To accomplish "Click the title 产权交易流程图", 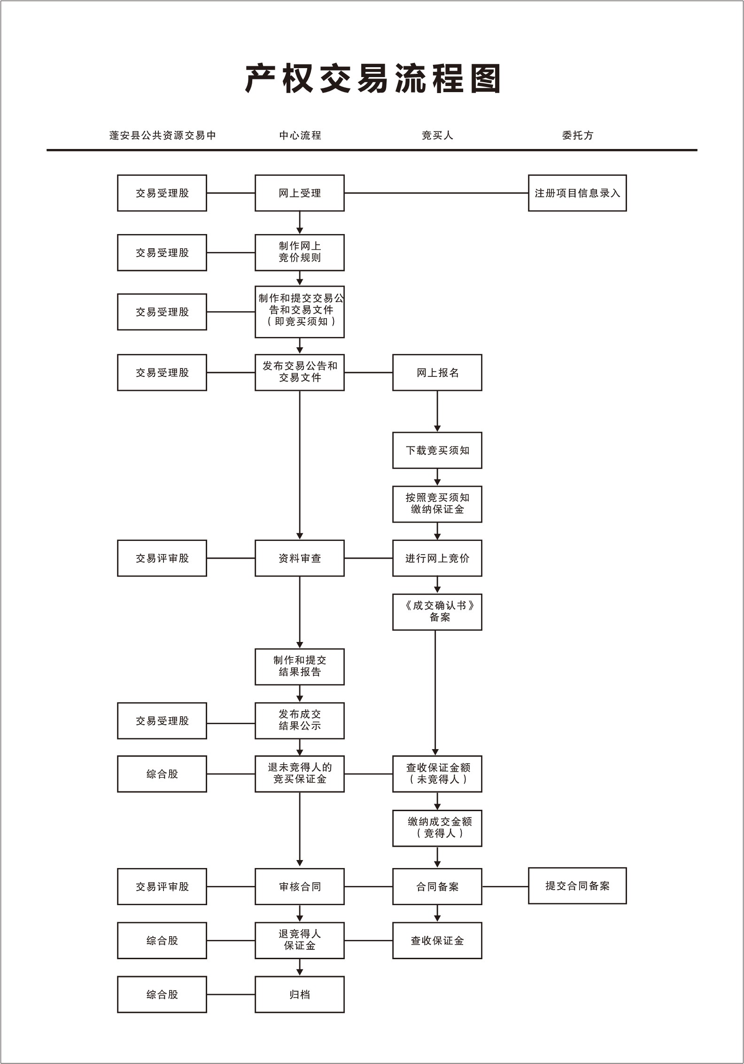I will pyautogui.click(x=372, y=78).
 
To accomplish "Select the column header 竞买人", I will pyautogui.click(x=437, y=135).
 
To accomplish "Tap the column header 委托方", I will pyautogui.click(x=577, y=135).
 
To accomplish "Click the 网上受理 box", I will pyautogui.click(x=300, y=193).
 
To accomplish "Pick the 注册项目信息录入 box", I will pyautogui.click(x=577, y=193).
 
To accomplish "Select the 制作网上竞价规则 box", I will pyautogui.click(x=300, y=252).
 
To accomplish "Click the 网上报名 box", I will pyautogui.click(x=437, y=373).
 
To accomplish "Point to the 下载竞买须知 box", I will pyautogui.click(x=437, y=450).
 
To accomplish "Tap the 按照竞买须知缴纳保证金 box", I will pyautogui.click(x=437, y=504).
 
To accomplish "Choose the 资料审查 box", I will pyautogui.click(x=300, y=558).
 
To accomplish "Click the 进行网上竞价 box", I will pyautogui.click(x=437, y=558).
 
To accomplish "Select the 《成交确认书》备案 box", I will pyautogui.click(x=437, y=612).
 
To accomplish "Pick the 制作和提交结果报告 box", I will pyautogui.click(x=300, y=666).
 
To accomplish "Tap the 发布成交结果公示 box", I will pyautogui.click(x=300, y=720).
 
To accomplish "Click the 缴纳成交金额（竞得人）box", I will pyautogui.click(x=437, y=828).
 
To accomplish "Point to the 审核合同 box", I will pyautogui.click(x=300, y=886).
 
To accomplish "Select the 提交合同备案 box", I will pyautogui.click(x=577, y=886).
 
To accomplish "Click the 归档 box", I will pyautogui.click(x=300, y=994).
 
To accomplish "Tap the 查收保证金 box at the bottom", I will pyautogui.click(x=437, y=940).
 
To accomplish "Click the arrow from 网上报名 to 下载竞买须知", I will pyautogui.click(x=437, y=411).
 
